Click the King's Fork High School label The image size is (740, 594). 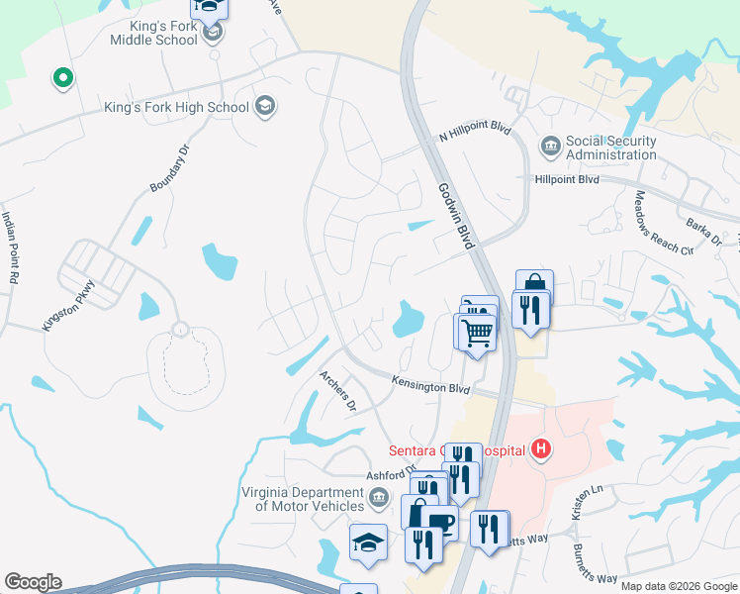tap(177, 107)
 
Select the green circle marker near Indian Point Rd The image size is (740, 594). tap(62, 77)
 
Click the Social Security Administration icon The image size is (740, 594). tap(551, 148)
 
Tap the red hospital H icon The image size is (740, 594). tap(540, 450)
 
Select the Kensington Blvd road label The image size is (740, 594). tap(429, 386)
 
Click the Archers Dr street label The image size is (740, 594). tap(336, 390)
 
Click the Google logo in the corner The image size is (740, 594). tap(33, 582)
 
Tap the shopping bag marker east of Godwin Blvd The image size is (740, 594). tap(534, 284)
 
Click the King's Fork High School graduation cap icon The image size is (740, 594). tap(264, 106)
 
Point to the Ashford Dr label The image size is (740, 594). tap(393, 474)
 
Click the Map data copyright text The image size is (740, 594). tap(678, 586)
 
